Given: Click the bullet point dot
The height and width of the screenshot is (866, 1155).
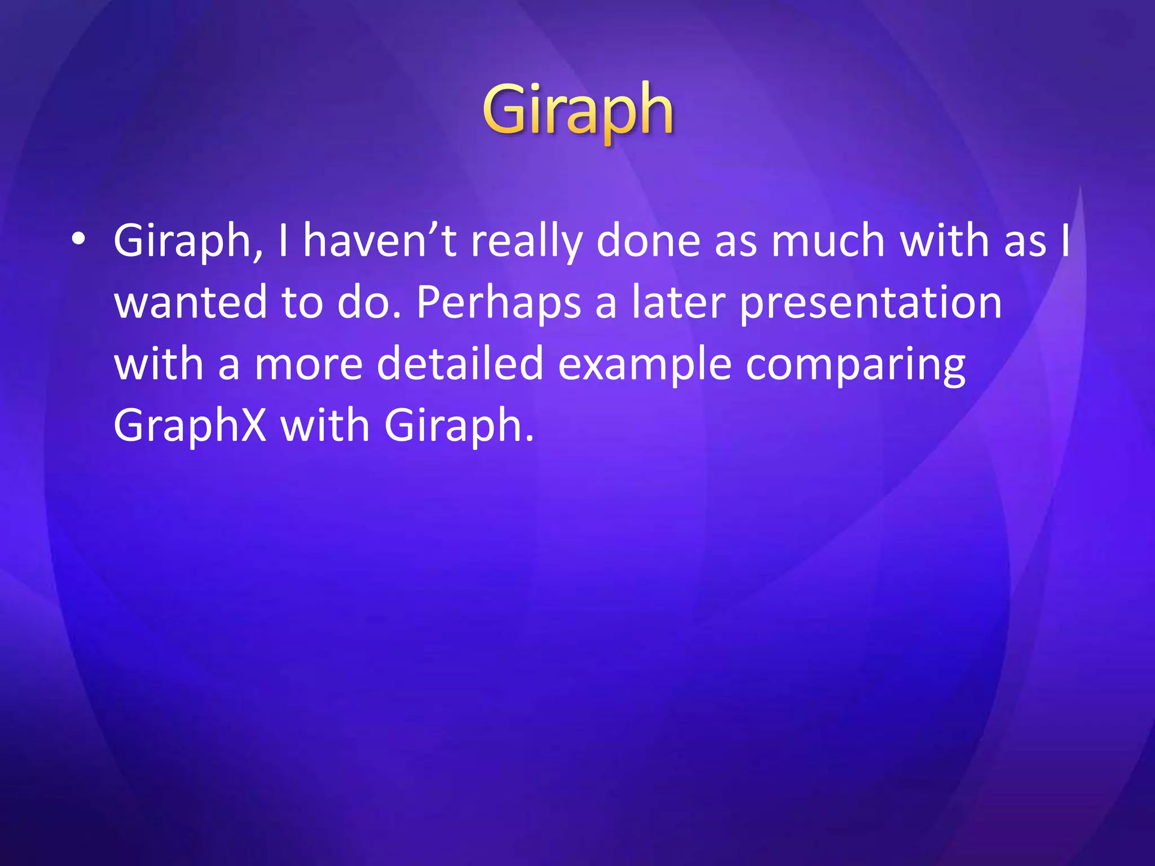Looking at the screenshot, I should [78, 241].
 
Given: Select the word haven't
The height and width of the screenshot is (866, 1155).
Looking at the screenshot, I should [380, 241].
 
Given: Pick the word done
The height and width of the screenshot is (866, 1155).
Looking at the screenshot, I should [648, 241].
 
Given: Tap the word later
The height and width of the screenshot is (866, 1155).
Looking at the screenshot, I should [678, 303].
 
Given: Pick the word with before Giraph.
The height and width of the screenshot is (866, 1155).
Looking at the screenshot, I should [324, 426].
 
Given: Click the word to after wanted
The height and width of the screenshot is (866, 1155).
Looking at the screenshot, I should [302, 303].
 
